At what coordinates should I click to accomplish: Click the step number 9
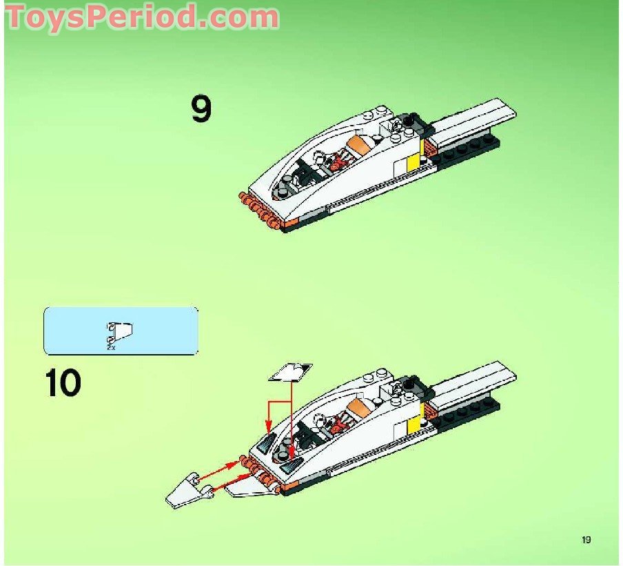click(201, 109)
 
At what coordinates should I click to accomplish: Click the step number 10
click(63, 383)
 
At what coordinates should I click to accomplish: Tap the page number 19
click(586, 540)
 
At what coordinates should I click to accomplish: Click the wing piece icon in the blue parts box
click(121, 332)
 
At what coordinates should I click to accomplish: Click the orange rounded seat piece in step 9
click(359, 146)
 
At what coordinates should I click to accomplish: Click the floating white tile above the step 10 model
click(290, 372)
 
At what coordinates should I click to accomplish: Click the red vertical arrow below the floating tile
click(292, 421)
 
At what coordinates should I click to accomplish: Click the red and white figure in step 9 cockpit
click(335, 164)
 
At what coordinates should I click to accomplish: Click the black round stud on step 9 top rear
click(408, 121)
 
